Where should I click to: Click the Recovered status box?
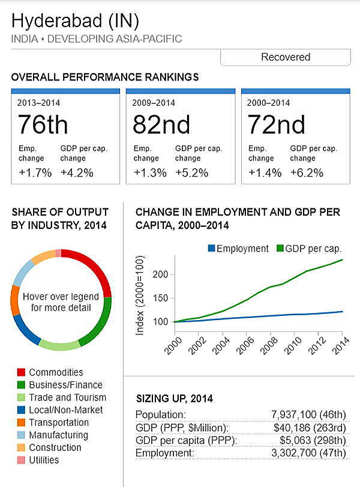click(x=285, y=57)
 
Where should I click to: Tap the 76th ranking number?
click(x=43, y=125)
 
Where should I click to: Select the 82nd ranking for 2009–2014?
click(x=161, y=125)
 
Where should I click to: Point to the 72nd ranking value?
click(x=276, y=125)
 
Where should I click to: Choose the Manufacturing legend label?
click(x=58, y=435)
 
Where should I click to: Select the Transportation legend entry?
click(x=59, y=422)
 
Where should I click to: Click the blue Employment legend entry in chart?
click(x=238, y=248)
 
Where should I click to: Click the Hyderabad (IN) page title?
click(x=76, y=22)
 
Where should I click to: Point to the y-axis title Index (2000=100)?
click(x=139, y=298)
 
